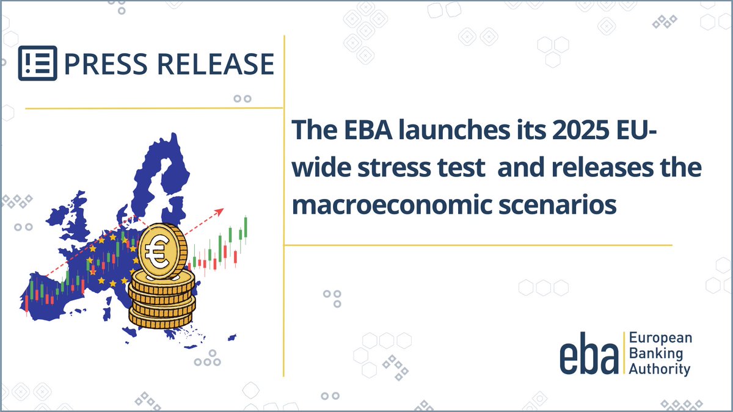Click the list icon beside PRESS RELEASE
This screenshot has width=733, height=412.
coord(38,63)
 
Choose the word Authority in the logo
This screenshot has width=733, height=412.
coord(659,369)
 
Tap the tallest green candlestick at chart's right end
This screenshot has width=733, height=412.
coord(246,228)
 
